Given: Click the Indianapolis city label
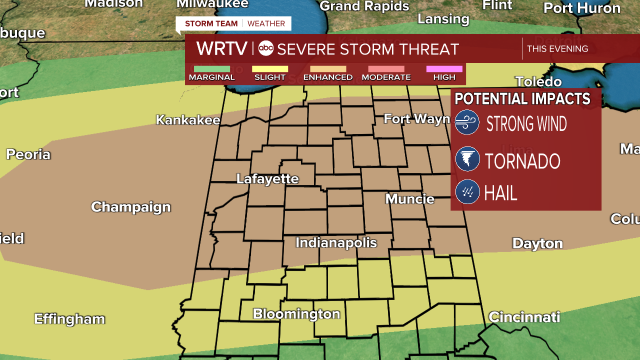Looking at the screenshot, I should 336,243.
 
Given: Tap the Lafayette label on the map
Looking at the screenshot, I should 267,179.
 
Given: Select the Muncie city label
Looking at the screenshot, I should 409,199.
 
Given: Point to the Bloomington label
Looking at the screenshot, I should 296,314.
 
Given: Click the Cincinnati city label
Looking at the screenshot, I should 524,317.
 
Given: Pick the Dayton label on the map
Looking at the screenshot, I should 537,243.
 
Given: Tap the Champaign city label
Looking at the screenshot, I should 131,207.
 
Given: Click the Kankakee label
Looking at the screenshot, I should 188,120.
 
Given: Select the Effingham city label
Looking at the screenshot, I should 69,319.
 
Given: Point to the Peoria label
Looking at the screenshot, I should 28,154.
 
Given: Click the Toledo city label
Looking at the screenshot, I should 538,81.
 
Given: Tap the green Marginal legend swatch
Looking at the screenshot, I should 211,69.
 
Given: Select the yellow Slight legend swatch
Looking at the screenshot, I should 270,69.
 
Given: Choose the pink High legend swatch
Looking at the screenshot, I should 444,69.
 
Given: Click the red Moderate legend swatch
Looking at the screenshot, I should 386,69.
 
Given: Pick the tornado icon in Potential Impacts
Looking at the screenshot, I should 467,160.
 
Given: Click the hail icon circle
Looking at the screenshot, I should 467,192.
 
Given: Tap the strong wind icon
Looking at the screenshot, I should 467,122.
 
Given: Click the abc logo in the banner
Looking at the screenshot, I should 265,48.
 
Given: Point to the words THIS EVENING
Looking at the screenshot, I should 557,48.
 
